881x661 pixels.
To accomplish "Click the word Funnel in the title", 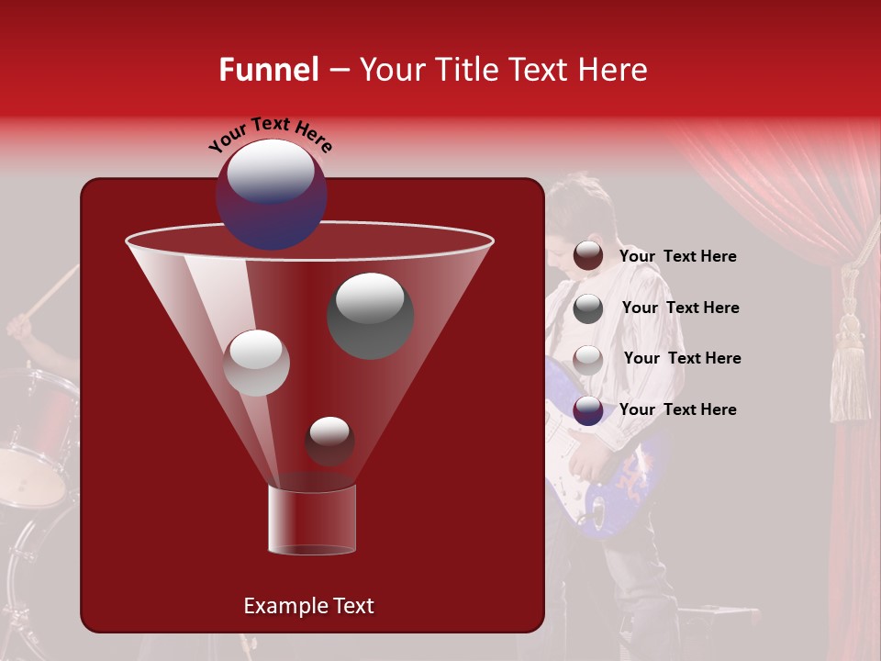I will tap(268, 70).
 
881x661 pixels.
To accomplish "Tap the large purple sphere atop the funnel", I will tap(271, 193).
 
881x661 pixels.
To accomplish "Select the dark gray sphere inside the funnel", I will tap(370, 315).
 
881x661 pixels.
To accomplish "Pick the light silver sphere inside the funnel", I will tap(256, 363).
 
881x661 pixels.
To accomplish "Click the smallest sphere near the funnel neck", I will tap(329, 441).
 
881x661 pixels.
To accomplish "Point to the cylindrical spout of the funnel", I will tap(312, 520).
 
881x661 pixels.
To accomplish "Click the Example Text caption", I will tap(308, 606).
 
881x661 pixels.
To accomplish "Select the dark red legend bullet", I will tap(588, 256).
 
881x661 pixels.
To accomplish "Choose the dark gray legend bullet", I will tap(588, 308).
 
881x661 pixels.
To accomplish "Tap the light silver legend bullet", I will tap(588, 359).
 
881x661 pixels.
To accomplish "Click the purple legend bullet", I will tap(588, 410).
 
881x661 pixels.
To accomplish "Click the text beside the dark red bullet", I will tap(677, 257).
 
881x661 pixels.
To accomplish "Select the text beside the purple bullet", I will tap(677, 409).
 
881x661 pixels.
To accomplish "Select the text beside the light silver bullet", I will tap(682, 358).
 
